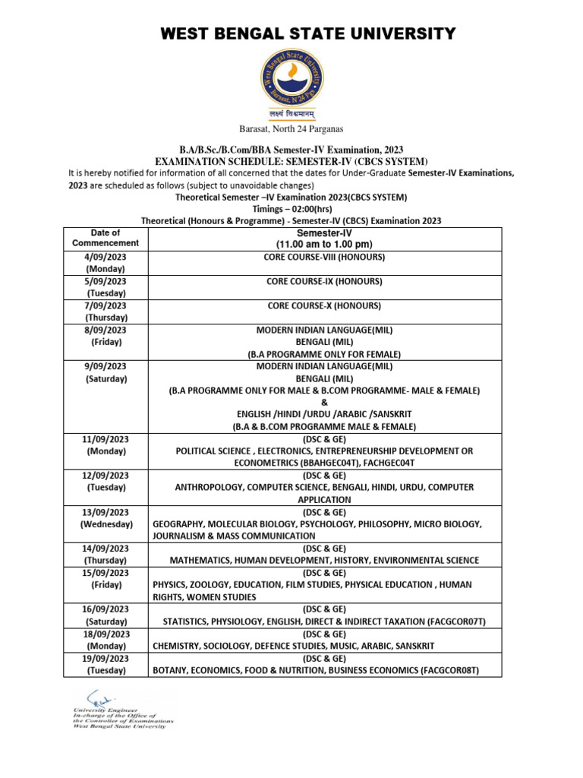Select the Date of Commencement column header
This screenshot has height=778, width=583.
coord(106,238)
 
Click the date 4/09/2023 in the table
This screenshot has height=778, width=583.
coord(106,258)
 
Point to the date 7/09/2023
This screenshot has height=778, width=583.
coord(106,306)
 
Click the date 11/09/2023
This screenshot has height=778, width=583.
coord(106,439)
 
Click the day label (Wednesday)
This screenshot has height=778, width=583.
coord(106,524)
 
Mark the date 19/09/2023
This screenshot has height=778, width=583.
coord(106,658)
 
